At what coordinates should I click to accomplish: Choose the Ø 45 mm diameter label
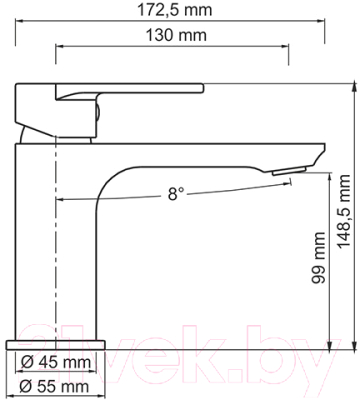tap(57, 362)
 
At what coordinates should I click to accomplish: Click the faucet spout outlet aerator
tap(285, 172)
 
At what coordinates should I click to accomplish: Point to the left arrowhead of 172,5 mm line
tap(23, 21)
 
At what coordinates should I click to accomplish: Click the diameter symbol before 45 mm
tap(27, 362)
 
